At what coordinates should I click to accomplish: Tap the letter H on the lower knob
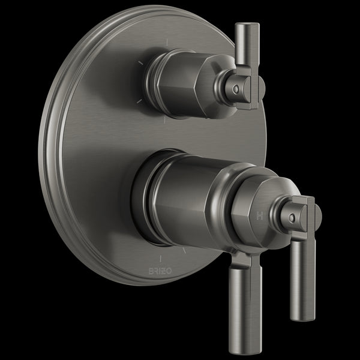click(260, 214)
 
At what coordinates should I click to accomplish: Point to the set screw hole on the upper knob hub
click(236, 88)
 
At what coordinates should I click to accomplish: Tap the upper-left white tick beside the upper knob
click(142, 61)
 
